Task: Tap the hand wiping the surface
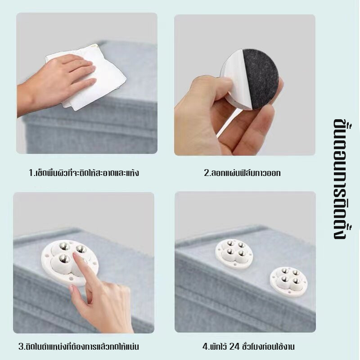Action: tap(58, 83)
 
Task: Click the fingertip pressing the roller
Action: tap(76, 255)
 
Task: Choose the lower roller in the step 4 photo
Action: tap(288, 282)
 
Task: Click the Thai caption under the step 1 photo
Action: tap(84, 172)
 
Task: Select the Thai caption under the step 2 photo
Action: tap(243, 173)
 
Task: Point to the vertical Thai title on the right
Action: tap(340, 179)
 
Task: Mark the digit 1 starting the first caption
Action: tap(31, 173)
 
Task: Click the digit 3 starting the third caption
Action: tap(21, 346)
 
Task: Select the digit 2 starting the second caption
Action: tap(207, 173)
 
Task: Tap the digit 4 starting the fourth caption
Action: tap(205, 346)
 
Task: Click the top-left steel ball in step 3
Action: tap(63, 246)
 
